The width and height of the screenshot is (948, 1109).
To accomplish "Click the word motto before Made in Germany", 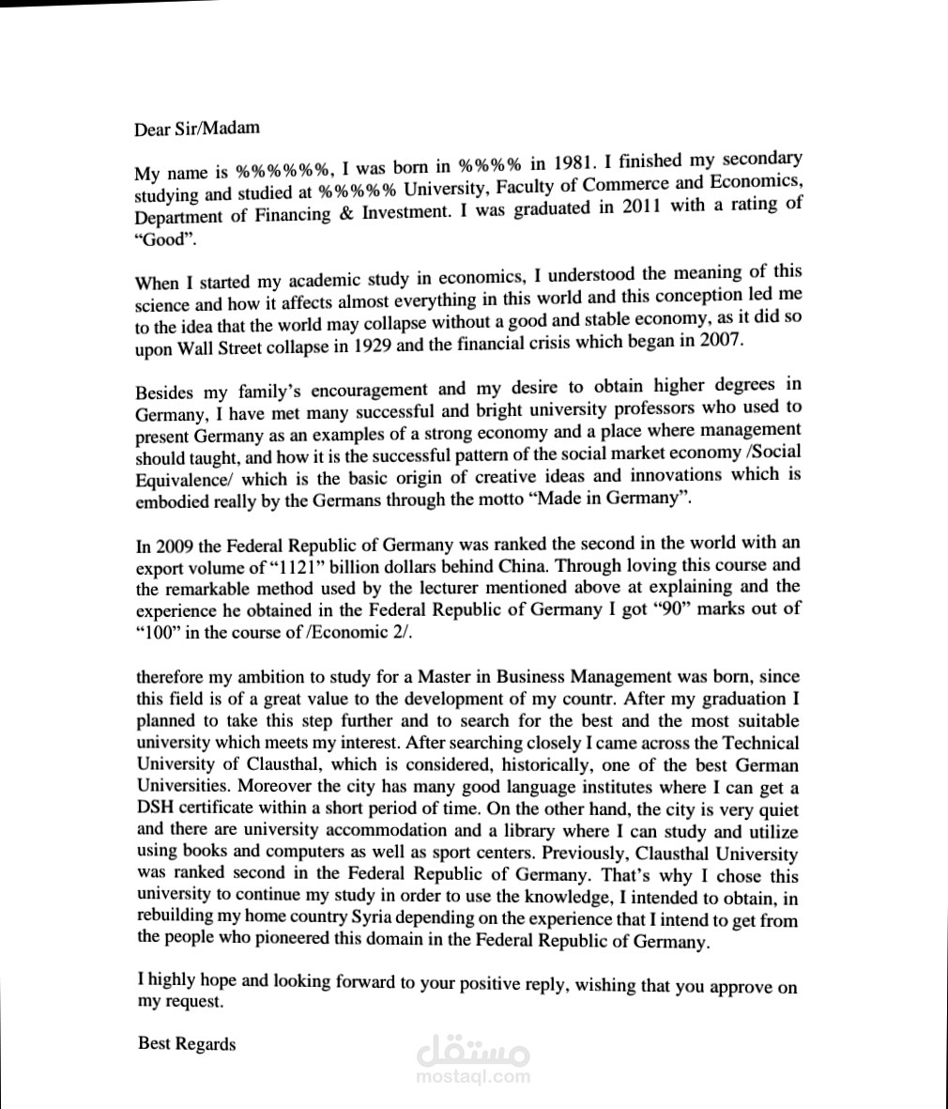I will (x=503, y=499).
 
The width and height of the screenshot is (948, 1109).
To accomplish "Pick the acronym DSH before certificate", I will (x=156, y=809).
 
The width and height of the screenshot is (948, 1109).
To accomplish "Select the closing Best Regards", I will (x=187, y=1043).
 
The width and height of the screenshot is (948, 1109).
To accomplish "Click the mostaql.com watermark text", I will (x=472, y=1078).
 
